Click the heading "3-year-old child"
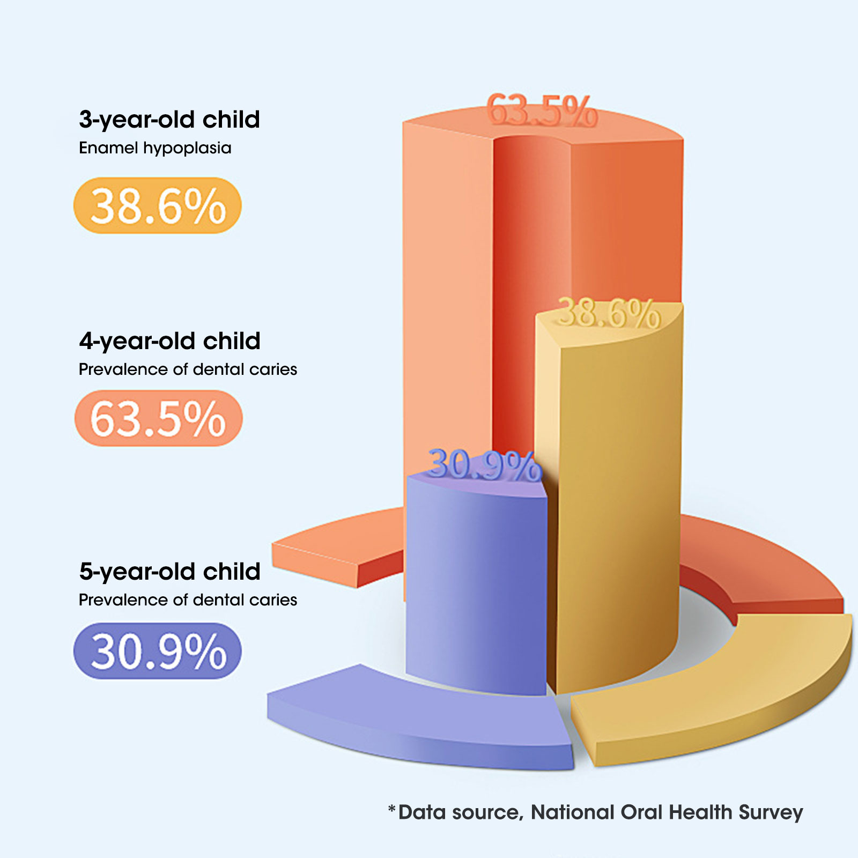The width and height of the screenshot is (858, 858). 169,120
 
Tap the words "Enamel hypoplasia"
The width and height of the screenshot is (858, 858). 155,148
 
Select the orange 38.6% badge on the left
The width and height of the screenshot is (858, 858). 158,206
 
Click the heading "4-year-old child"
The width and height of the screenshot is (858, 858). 169,341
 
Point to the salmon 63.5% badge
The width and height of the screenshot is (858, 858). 158,418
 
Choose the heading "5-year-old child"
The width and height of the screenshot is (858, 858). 169,572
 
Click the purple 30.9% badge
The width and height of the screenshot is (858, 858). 158,651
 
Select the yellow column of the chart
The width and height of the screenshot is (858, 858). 617,483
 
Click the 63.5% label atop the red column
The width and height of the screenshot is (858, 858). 542,111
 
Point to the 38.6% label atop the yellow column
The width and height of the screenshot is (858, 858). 609,313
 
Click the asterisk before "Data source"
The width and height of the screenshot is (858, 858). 392,809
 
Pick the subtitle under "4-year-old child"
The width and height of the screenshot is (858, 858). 188,369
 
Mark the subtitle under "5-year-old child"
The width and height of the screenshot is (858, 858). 188,600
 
